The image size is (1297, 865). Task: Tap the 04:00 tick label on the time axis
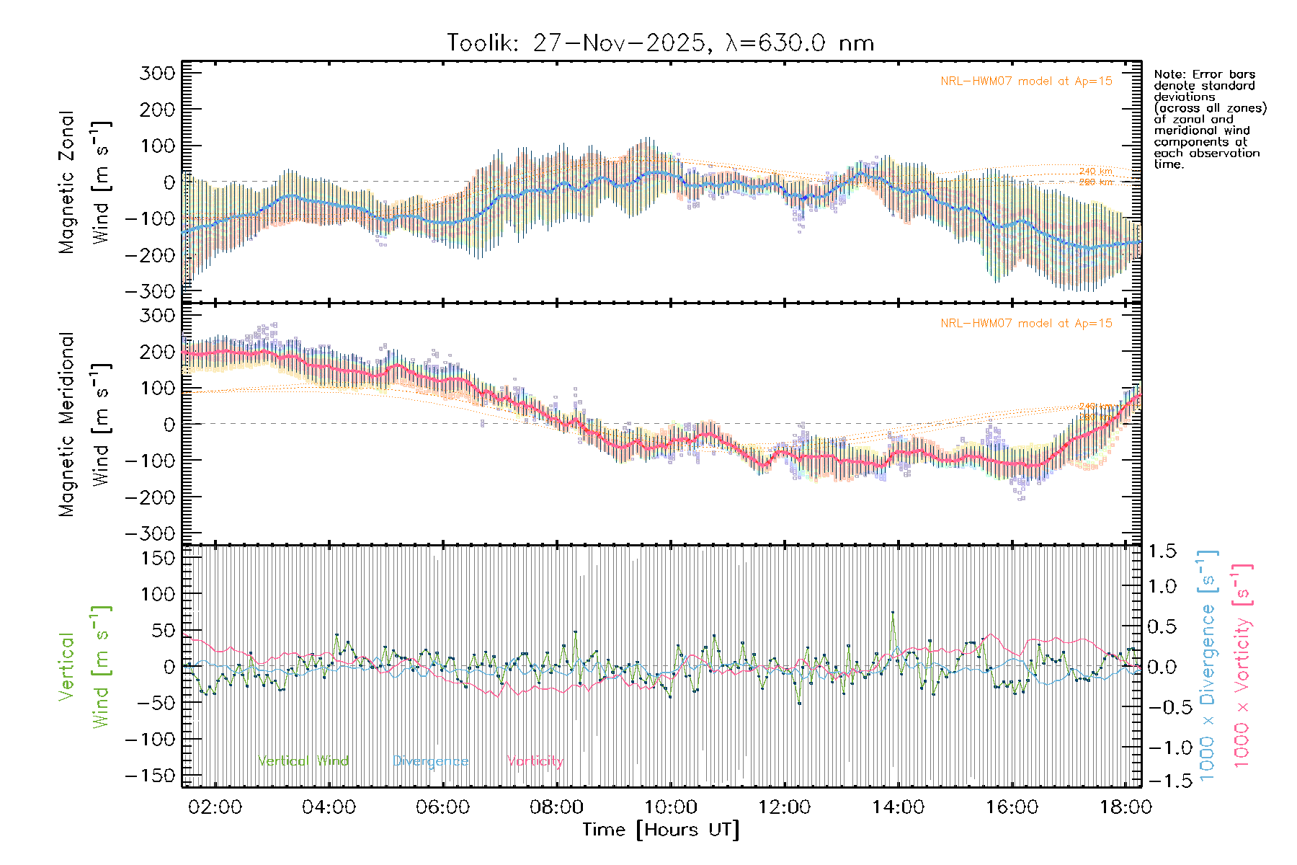coord(329,807)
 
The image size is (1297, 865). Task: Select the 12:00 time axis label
coord(784,807)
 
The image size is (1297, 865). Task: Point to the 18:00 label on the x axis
coord(1126,807)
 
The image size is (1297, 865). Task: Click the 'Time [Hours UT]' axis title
coord(661,830)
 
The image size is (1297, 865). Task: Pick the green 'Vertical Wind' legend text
coord(303,761)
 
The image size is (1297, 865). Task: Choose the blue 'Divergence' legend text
coord(430,761)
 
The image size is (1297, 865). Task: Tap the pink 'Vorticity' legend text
coord(535,761)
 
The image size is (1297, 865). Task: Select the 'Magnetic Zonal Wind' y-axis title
coord(85,182)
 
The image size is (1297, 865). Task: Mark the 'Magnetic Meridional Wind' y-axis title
coord(85,425)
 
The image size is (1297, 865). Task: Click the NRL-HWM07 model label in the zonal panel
coord(1026,81)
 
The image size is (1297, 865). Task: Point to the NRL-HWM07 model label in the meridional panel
coord(1026,324)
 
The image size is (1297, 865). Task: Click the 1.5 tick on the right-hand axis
coord(1162,551)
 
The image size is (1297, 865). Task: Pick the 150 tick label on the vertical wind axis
coord(158,558)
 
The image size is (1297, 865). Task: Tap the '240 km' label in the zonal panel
coord(1095,172)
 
